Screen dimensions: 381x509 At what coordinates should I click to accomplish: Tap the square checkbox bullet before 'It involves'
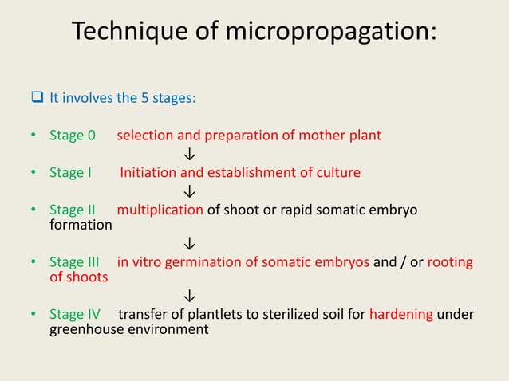[37, 100]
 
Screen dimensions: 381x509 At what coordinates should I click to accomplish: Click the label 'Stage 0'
[73, 135]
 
